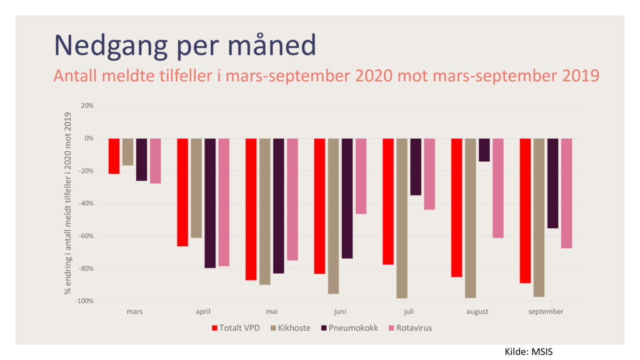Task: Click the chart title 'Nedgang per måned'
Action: [x=185, y=46]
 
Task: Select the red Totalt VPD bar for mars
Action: [x=114, y=156]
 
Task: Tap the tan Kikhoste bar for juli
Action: [x=402, y=218]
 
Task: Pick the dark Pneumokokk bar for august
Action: [x=484, y=150]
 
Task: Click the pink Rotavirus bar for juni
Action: [x=361, y=176]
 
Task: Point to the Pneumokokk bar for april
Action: [x=210, y=203]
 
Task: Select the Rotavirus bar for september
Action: [x=566, y=194]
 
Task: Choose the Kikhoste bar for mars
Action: [x=127, y=152]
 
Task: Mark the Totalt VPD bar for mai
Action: [x=251, y=209]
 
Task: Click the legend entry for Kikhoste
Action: [x=290, y=328]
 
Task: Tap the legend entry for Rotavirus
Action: [x=410, y=328]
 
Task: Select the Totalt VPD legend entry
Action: [x=236, y=328]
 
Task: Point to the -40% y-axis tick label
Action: [x=84, y=203]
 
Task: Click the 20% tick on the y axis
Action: [x=87, y=106]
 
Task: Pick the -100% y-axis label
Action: [x=84, y=301]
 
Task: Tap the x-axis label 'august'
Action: [x=477, y=312]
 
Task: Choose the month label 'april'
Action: [x=203, y=312]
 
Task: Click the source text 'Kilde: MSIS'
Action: [x=529, y=352]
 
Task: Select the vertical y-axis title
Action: [x=67, y=203]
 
